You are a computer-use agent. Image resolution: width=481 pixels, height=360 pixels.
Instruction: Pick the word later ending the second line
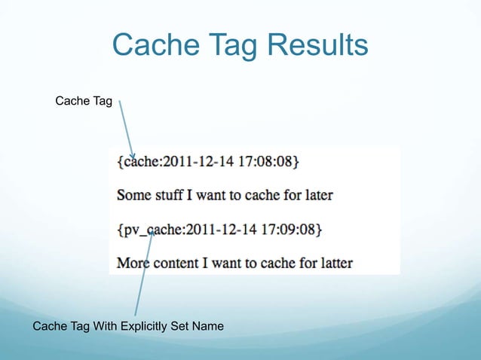pos(315,195)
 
